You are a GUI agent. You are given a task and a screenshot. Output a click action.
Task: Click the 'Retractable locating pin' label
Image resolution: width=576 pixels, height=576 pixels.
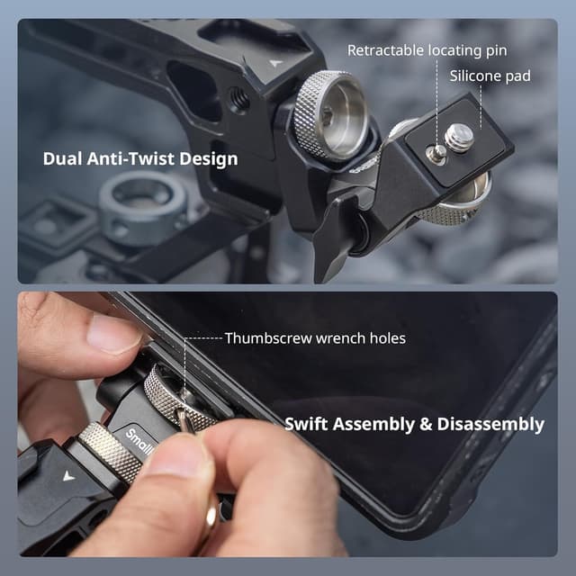click(427, 50)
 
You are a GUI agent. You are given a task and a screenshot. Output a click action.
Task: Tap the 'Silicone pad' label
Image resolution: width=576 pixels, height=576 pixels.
click(490, 76)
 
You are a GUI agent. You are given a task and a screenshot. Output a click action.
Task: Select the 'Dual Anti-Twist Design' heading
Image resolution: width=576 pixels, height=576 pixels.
click(140, 159)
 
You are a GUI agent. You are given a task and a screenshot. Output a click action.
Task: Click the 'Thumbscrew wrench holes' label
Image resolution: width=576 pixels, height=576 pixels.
click(315, 338)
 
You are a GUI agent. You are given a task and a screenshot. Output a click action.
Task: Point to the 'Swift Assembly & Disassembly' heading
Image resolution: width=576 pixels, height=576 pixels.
click(414, 423)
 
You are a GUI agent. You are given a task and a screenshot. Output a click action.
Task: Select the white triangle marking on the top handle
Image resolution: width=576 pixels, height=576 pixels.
click(275, 64)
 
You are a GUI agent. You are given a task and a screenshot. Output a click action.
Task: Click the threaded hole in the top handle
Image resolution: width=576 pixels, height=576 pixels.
click(239, 98)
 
